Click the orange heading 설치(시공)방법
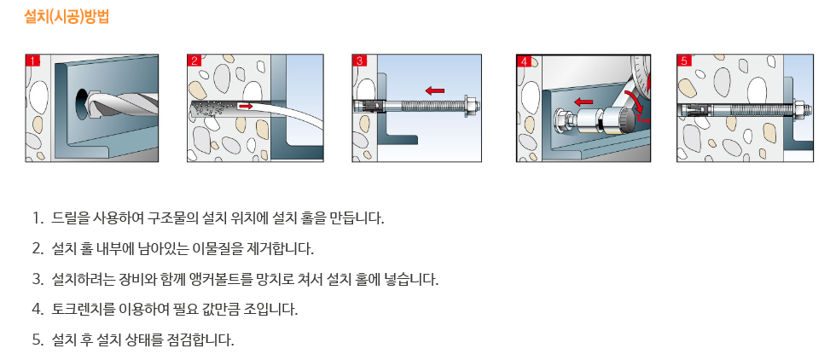67,16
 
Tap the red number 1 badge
33,61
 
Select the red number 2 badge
194,61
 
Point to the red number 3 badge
359,61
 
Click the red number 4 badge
524,61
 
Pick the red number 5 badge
684,61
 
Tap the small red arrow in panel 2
246,107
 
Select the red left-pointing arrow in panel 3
435,90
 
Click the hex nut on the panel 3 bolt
471,106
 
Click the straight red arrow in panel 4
583,102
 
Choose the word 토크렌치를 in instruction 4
78,310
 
